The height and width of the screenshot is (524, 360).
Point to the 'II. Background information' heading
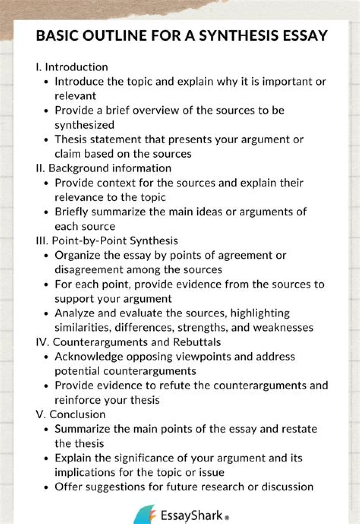coord(103,168)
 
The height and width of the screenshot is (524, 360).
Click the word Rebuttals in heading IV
coord(197,342)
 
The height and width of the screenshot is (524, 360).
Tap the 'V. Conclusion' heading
coord(70,414)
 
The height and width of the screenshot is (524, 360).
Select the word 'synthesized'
coord(84,125)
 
